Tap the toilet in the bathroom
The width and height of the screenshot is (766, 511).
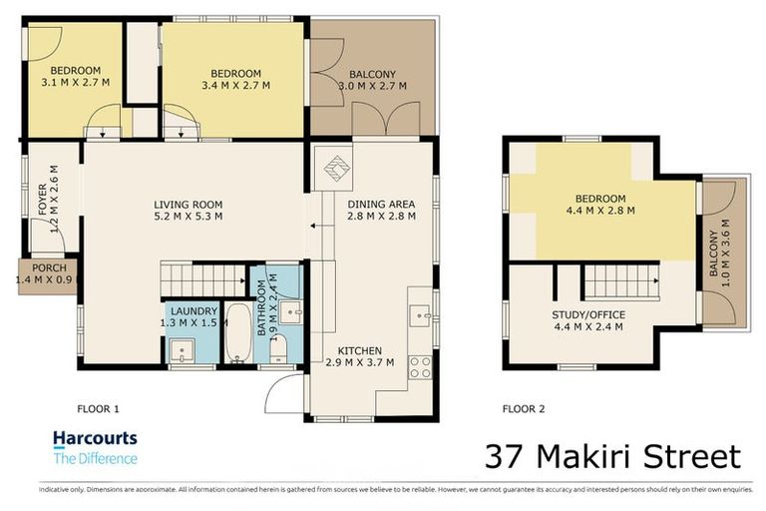tap(282, 349)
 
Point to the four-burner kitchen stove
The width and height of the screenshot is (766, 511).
tap(420, 366)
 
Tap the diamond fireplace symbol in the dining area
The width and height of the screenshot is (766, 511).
tap(336, 169)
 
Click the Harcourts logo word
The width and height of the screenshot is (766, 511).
tap(94, 438)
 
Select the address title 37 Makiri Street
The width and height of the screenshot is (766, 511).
tap(612, 456)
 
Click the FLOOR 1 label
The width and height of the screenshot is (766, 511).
tap(98, 407)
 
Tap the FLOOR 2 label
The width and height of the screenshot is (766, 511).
tap(523, 407)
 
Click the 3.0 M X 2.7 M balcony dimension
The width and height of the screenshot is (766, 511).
tap(371, 87)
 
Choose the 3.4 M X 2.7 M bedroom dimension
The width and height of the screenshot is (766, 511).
tap(235, 86)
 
